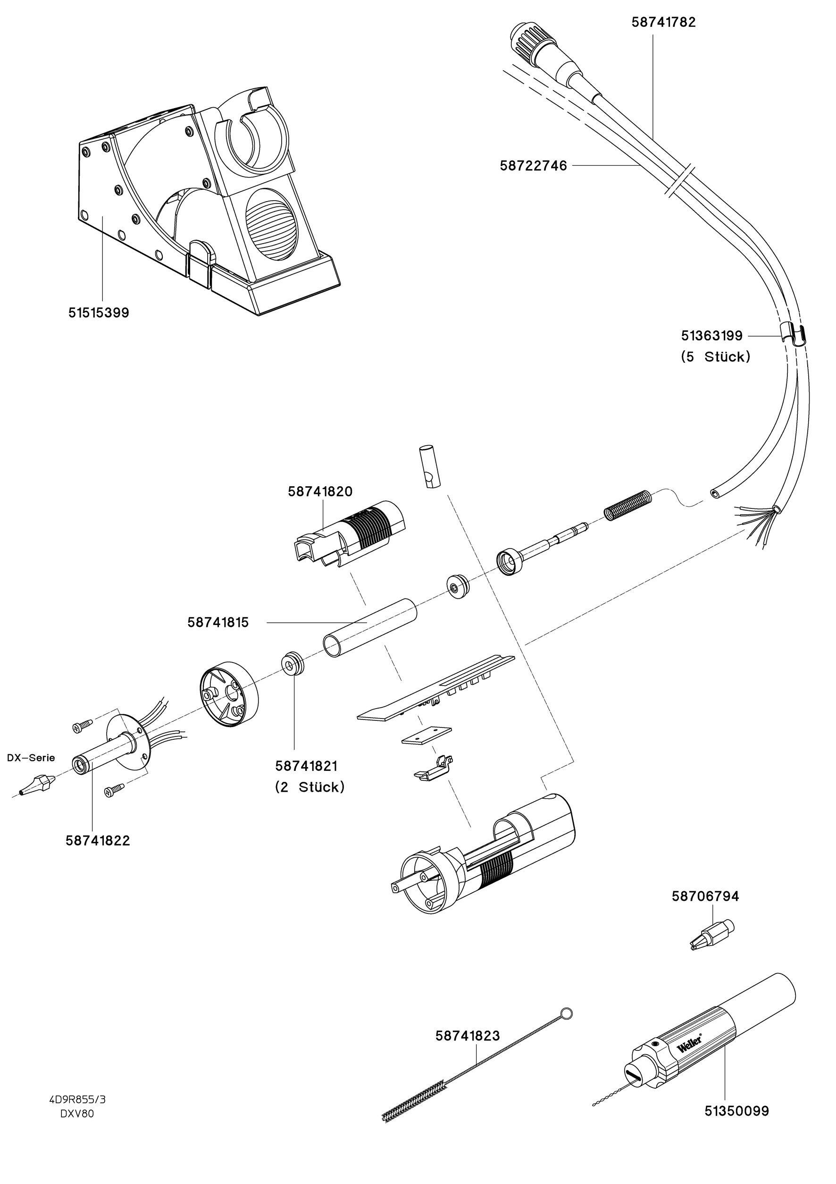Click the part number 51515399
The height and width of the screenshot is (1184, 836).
[x=99, y=313]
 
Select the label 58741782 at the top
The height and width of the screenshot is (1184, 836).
[x=663, y=22]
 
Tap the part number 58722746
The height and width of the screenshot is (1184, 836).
[x=533, y=166]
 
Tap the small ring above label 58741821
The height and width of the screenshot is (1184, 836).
[x=293, y=664]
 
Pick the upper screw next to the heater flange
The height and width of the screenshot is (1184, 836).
[x=82, y=726]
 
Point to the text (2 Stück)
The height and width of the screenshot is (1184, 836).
[x=309, y=787]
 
